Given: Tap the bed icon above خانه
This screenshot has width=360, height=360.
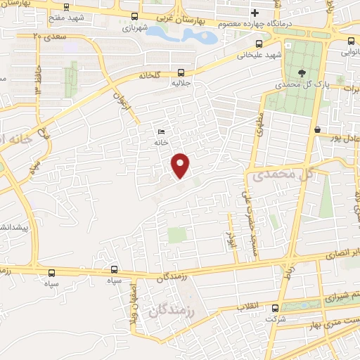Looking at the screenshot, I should (162, 131).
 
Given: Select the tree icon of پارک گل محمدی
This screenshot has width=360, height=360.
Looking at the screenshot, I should (302, 72).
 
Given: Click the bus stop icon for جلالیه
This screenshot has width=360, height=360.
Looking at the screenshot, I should (181, 72).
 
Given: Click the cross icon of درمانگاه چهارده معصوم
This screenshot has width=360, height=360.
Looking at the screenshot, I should (255, 13).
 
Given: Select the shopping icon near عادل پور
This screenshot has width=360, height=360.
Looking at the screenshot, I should (318, 129).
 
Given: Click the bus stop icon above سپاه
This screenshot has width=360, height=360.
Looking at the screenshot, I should (115, 269).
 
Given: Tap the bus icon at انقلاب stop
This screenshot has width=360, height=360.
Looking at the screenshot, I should (275, 307).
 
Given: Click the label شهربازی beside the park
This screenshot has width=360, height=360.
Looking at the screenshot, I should (134, 29).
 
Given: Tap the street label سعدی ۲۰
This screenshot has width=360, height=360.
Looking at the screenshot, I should (47, 35).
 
